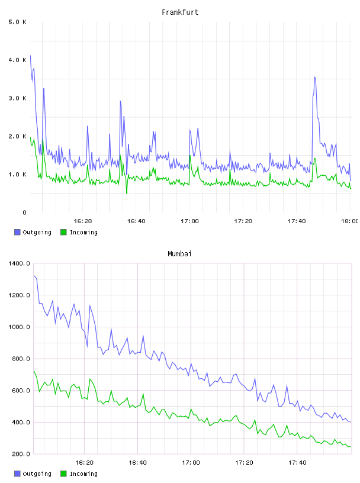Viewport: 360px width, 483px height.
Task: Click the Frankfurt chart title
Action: click(180, 12)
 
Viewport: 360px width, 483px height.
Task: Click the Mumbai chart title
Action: click(179, 253)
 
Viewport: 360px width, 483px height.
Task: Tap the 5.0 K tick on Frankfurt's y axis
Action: click(17, 22)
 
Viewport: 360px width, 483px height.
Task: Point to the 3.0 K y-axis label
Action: click(17, 98)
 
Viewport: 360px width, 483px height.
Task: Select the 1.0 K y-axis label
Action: click(17, 175)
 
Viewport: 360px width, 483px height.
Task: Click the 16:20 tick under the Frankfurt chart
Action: click(83, 221)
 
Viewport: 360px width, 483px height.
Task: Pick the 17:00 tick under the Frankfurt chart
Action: click(189, 221)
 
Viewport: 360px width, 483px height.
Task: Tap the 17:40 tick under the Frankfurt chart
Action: click(297, 221)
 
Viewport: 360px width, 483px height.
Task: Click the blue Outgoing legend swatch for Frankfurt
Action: click(17, 232)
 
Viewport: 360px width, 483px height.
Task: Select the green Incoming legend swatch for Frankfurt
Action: click(63, 232)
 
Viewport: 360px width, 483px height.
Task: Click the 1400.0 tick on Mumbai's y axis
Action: click(19, 263)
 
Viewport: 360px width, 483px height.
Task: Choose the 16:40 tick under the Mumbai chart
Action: click(137, 462)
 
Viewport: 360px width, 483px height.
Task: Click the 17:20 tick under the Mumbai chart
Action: click(244, 462)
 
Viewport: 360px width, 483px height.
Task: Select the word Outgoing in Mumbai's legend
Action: click(37, 474)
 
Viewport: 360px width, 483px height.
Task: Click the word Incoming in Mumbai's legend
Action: click(83, 474)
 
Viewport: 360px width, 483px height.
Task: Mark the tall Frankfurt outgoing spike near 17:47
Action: click(314, 77)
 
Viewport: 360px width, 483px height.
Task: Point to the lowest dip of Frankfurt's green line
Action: click(127, 194)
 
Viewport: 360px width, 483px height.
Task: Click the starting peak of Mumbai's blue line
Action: click(34, 276)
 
